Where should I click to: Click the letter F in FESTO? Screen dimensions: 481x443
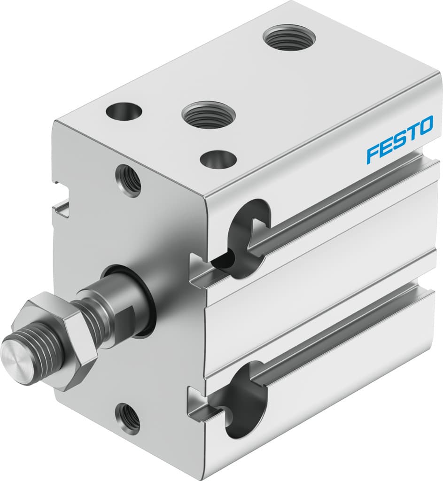373,154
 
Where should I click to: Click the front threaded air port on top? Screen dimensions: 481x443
207,114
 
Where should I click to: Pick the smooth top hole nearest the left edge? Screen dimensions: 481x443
124,112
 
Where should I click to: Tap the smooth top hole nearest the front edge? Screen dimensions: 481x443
218,159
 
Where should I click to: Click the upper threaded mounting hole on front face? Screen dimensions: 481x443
129,180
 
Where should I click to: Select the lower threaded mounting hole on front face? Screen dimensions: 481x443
128,418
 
